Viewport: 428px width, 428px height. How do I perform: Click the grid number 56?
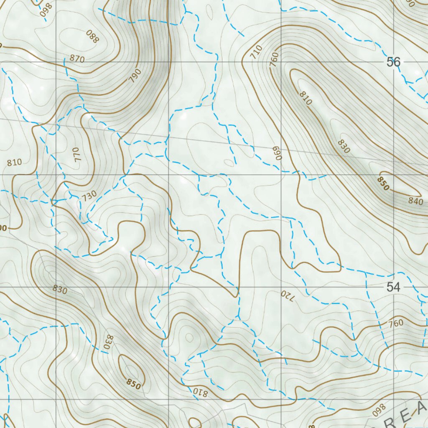pyautogui.click(x=393, y=62)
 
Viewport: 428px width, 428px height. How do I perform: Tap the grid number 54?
pyautogui.click(x=393, y=287)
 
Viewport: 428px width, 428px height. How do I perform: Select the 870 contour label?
pyautogui.click(x=77, y=59)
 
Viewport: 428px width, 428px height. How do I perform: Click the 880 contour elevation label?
pyautogui.click(x=92, y=37)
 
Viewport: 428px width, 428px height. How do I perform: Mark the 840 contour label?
pyautogui.click(x=416, y=201)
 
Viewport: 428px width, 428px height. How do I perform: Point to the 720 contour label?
pyautogui.click(x=288, y=296)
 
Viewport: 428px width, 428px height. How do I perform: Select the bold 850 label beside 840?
pyautogui.click(x=383, y=183)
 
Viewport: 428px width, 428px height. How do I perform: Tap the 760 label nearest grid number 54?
pyautogui.click(x=395, y=323)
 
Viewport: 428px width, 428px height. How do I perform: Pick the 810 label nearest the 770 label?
pyautogui.click(x=14, y=161)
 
